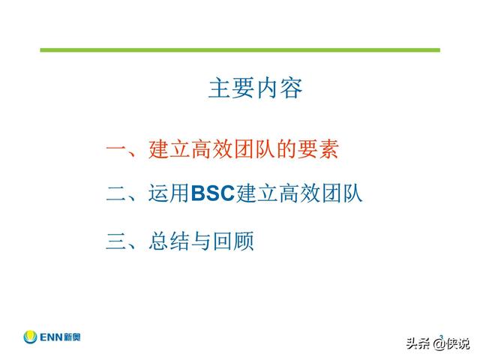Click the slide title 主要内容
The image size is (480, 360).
255,88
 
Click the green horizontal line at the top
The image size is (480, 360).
240,50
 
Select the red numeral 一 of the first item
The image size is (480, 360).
116,148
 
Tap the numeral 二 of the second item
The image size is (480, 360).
116,194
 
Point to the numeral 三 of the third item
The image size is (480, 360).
116,241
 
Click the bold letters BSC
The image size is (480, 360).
213,193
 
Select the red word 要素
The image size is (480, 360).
318,149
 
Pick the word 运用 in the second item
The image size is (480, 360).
169,193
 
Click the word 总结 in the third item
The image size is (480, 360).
169,241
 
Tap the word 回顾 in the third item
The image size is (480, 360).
233,241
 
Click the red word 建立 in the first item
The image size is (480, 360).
169,149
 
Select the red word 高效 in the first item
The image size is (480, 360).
211,149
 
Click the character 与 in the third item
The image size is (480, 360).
201,241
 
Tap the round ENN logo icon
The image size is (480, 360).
30,337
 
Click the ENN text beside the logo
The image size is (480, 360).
51,337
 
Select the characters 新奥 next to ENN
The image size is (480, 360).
73,337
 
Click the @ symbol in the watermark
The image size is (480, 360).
438,344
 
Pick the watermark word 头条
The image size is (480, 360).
418,343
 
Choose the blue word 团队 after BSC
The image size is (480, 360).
343,193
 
